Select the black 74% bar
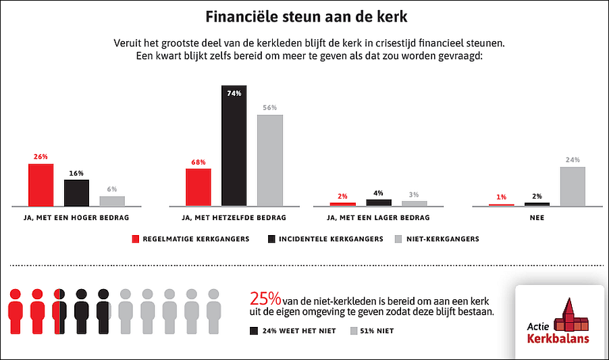pyautogui.click(x=234, y=146)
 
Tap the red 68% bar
pyautogui.click(x=198, y=186)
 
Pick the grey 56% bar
pyautogui.click(x=269, y=159)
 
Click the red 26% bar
pyautogui.click(x=41, y=184)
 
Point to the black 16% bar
pyautogui.click(x=76, y=192)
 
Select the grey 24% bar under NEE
pyautogui.click(x=573, y=186)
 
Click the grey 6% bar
pyautogui.click(x=112, y=201)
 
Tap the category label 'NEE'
pyautogui.click(x=537, y=218)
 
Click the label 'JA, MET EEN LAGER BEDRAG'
pyautogui.click(x=379, y=218)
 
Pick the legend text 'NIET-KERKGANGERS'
pyautogui.click(x=443, y=238)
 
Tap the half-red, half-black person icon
pyautogui.click(x=59, y=309)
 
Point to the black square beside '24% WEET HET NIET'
pyautogui.click(x=254, y=331)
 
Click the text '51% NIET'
pyautogui.click(x=377, y=331)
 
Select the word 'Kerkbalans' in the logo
pyautogui.click(x=558, y=338)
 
